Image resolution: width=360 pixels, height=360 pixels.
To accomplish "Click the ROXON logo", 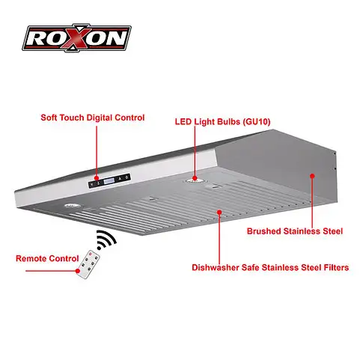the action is [77, 38].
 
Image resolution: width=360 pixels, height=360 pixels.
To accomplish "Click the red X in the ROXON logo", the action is [76, 38].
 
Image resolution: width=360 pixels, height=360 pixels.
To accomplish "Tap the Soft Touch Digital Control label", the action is [93, 118].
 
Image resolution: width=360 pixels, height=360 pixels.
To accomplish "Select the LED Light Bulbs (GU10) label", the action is [222, 121].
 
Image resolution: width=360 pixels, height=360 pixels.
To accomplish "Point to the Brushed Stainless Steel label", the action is [295, 231].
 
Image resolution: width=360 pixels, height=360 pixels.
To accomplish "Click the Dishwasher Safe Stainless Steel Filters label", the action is [270, 267].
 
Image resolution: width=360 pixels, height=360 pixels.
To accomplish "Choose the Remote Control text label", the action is [47, 258].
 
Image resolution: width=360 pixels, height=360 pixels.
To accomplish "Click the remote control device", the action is [88, 264].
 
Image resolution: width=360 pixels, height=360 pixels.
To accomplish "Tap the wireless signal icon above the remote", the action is [106, 240].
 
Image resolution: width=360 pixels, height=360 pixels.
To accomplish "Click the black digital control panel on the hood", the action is [109, 180].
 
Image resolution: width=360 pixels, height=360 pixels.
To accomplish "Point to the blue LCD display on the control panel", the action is [109, 180].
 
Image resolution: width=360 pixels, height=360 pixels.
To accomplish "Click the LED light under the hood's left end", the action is [73, 206].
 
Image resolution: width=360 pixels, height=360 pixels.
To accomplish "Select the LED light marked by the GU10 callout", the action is [195, 180].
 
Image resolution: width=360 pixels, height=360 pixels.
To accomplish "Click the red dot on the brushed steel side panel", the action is [312, 176].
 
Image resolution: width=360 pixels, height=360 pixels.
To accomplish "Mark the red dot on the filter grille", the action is [219, 213].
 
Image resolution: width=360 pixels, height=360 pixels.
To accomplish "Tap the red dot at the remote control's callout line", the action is [79, 271].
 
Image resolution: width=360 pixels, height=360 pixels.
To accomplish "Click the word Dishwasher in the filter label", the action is [216, 267].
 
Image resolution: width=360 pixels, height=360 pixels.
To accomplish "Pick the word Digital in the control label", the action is [99, 118].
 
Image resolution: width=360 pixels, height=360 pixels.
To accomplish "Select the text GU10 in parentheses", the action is [257, 121].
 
